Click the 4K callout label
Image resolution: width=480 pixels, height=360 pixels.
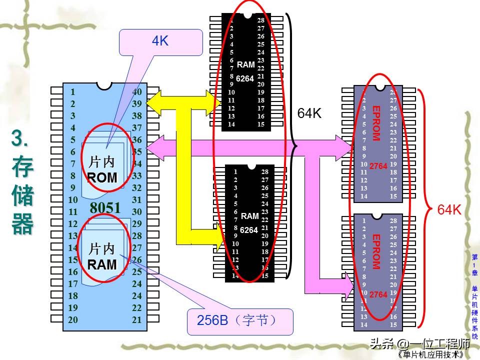[160, 41]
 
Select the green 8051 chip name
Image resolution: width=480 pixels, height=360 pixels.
[105, 208]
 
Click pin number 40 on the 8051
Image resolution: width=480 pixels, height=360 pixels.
[137, 92]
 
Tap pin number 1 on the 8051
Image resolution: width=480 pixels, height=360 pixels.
[73, 92]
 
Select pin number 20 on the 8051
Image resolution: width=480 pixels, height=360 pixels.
[73, 320]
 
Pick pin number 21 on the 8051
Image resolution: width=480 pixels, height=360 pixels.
[137, 320]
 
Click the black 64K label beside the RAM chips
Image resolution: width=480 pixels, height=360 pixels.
[309, 113]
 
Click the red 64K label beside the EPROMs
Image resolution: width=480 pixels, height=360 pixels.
[449, 210]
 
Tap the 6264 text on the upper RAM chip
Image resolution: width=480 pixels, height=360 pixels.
[245, 78]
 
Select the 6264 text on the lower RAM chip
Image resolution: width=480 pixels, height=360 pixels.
[248, 230]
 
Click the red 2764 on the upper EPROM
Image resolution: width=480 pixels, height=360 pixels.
[378, 166]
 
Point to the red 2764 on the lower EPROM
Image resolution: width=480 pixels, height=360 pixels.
[378, 295]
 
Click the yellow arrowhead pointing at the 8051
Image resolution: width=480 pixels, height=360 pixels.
[153, 104]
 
